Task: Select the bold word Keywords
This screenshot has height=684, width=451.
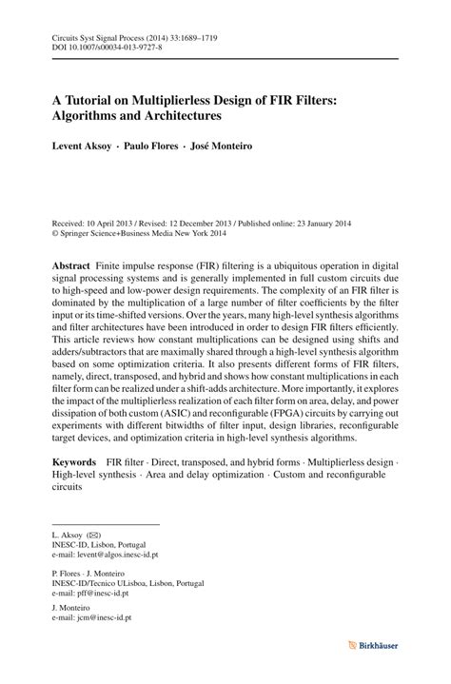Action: click(76, 460)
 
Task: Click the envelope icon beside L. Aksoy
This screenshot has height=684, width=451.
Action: click(91, 537)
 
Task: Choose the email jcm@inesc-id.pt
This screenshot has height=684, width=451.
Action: click(93, 616)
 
